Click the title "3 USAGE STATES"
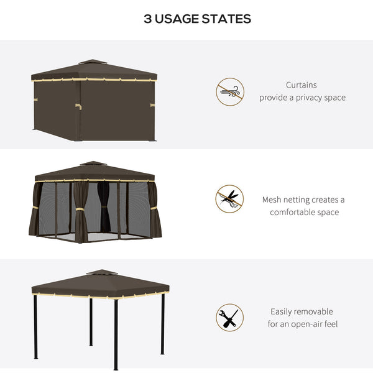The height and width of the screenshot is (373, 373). [x=197, y=19]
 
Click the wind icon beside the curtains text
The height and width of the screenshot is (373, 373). [x=229, y=91]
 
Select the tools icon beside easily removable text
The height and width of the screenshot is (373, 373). [x=229, y=317]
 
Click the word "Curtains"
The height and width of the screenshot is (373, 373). [x=302, y=85]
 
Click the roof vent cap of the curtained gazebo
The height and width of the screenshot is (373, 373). [x=93, y=62]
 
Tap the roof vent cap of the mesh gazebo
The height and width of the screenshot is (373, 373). [x=93, y=163]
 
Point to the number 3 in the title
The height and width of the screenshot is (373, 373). [x=147, y=19]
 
